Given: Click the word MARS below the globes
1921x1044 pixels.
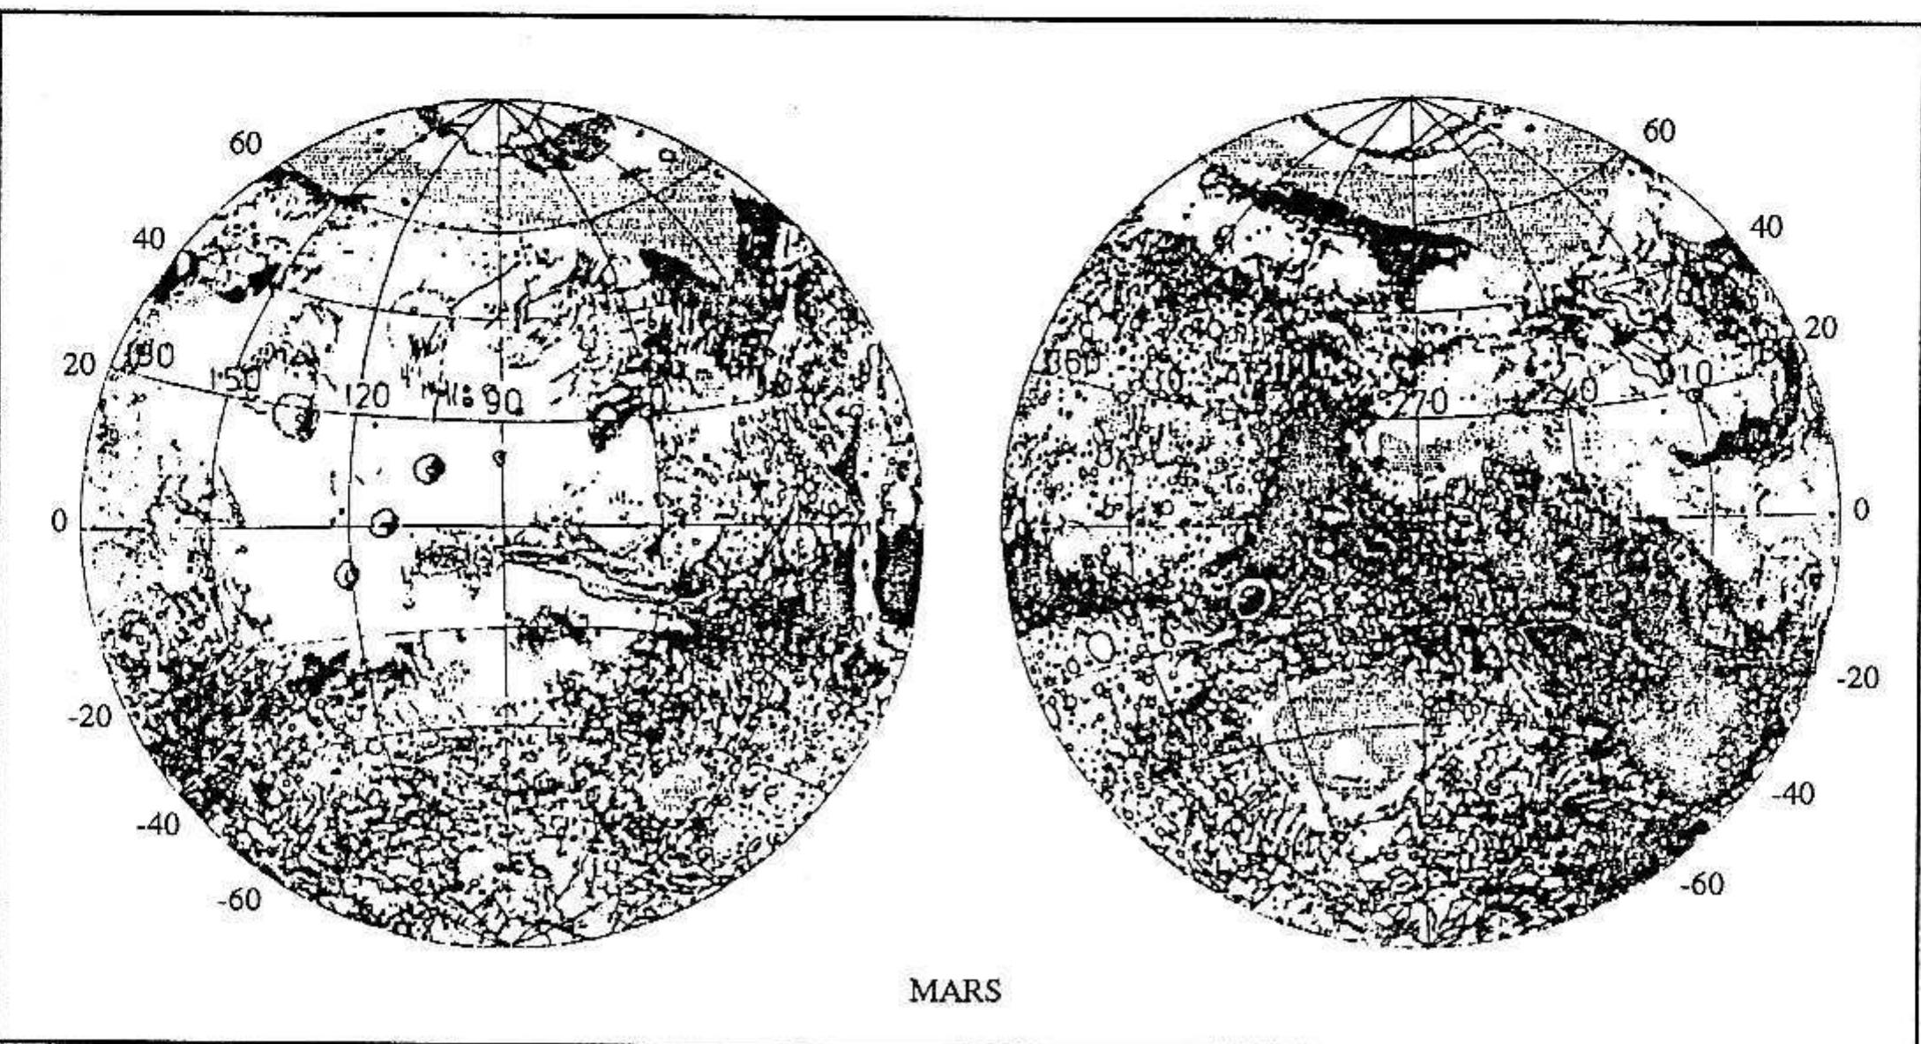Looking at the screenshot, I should pyautogui.click(x=955, y=991).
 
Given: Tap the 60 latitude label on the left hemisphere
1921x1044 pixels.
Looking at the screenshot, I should pyautogui.click(x=246, y=143).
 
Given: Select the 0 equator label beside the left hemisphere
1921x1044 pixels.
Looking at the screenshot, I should pyautogui.click(x=58, y=522).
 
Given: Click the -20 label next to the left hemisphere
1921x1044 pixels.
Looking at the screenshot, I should pyautogui.click(x=89, y=717).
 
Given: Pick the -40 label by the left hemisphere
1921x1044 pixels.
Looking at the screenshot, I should pyautogui.click(x=157, y=825).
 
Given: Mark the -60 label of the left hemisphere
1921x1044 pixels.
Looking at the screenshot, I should pyautogui.click(x=239, y=900).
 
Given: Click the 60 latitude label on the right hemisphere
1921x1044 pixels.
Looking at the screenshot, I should pyautogui.click(x=1658, y=131).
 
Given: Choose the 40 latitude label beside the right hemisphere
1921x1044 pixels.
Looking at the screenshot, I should pyautogui.click(x=1765, y=228).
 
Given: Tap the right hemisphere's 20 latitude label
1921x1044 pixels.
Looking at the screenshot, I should pyautogui.click(x=1820, y=328).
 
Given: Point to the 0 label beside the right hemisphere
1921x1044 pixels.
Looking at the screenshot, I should pyautogui.click(x=1861, y=509).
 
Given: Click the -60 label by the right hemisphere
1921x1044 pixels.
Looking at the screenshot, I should pyautogui.click(x=1701, y=884).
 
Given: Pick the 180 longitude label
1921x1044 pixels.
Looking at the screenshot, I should pyautogui.click(x=150, y=356).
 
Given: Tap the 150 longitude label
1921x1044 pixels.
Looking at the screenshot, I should pyautogui.click(x=235, y=379).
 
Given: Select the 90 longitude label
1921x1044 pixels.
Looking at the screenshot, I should pyautogui.click(x=503, y=403).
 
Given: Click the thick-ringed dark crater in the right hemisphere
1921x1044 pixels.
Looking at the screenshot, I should pyautogui.click(x=1251, y=597).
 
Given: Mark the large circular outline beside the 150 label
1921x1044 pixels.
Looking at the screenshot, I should pyautogui.click(x=293, y=415).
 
